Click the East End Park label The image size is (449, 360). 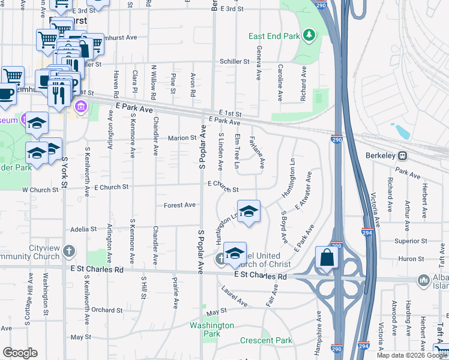click(x=274, y=37)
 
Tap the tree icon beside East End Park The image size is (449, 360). click(x=310, y=35)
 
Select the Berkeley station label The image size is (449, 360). click(x=381, y=155)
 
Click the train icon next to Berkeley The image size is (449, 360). click(x=403, y=155)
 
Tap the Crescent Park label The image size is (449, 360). click(x=266, y=340)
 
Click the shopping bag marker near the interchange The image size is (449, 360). click(x=327, y=257)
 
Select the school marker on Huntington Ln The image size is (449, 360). click(x=249, y=211)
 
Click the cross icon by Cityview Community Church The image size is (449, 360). click(x=70, y=250)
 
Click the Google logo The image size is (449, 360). click(x=20, y=353)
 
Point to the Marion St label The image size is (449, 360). click(x=182, y=137)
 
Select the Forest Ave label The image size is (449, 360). click(x=180, y=205)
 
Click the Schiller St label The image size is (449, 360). click(x=235, y=61)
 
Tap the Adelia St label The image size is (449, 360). click(x=83, y=229)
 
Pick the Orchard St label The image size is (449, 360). click(x=107, y=310)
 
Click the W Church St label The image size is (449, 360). click(x=41, y=190)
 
